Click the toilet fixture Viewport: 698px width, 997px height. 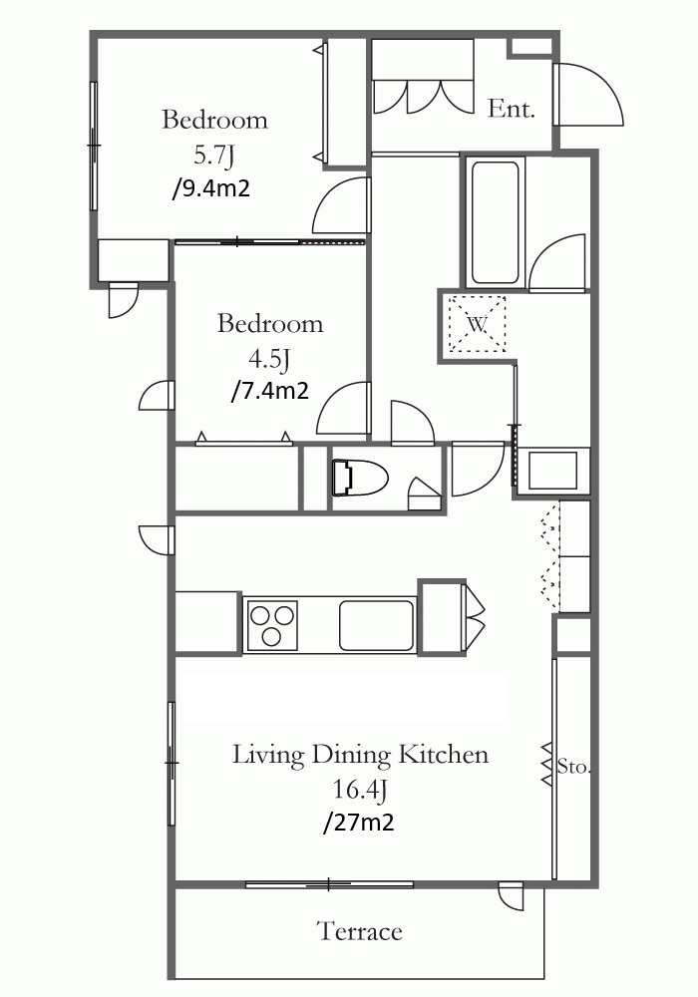tap(360, 478)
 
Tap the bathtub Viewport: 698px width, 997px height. tap(496, 222)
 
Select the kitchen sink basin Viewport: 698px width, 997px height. tap(376, 624)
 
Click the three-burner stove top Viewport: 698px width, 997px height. tap(272, 624)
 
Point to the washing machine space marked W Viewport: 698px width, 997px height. tap(477, 324)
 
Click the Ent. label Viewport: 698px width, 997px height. tap(512, 109)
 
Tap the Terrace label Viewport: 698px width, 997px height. tap(360, 931)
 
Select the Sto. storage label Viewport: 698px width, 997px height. tap(574, 767)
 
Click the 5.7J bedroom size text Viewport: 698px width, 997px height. tap(214, 156)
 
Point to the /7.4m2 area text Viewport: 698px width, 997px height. tap(269, 391)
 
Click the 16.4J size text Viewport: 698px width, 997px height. tap(360, 790)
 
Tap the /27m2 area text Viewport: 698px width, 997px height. tap(359, 823)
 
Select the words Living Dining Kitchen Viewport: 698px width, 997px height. tap(360, 755)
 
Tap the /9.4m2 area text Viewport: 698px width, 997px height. tap(211, 188)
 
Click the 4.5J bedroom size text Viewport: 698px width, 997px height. tap(269, 360)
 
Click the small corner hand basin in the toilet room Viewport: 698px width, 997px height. tap(424, 494)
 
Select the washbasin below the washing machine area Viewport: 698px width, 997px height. tap(552, 471)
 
